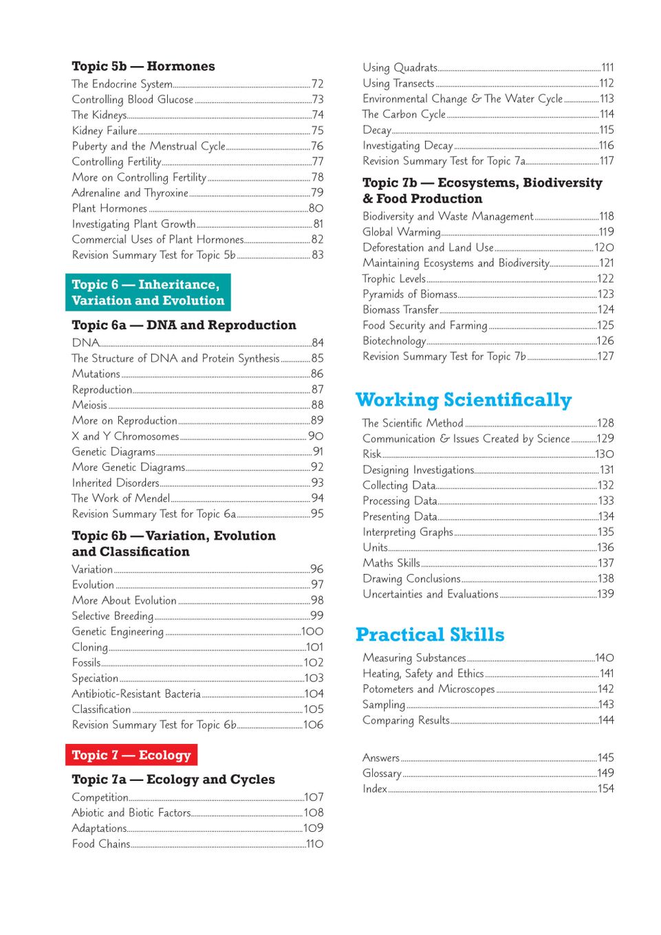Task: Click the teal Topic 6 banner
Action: click(x=148, y=292)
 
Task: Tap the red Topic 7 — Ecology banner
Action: click(x=131, y=755)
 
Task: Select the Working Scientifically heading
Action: click(x=464, y=400)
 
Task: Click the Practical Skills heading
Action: click(x=430, y=635)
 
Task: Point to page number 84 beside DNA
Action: click(x=317, y=342)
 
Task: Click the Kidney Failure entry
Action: click(x=105, y=131)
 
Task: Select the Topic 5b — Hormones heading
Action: click(x=143, y=67)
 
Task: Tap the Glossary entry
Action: click(x=382, y=773)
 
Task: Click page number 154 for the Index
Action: click(x=605, y=789)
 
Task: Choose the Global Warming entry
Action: click(x=402, y=232)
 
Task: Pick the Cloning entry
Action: click(x=90, y=647)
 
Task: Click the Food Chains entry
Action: click(x=101, y=844)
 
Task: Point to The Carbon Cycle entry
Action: click(x=404, y=114)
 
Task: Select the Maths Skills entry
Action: click(x=391, y=563)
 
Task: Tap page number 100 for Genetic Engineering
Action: click(x=312, y=631)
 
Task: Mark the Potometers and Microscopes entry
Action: click(x=429, y=689)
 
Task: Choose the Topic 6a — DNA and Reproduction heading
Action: click(x=184, y=325)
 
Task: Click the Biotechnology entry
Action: click(x=394, y=341)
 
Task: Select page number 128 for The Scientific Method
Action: click(x=605, y=423)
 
